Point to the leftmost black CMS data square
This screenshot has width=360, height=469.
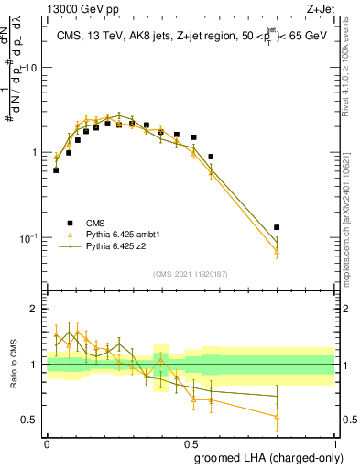point(56,170)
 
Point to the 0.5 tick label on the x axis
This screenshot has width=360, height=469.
point(191,442)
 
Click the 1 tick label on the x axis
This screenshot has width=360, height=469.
point(334,442)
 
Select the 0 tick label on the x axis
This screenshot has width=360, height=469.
point(47,442)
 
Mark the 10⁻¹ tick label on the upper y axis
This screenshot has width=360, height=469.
point(29,237)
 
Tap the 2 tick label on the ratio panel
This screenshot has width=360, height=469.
point(36,309)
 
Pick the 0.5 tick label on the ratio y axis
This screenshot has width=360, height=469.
point(31,420)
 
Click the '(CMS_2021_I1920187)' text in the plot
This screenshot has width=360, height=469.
point(191,274)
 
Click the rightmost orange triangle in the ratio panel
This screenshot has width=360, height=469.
point(277,416)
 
